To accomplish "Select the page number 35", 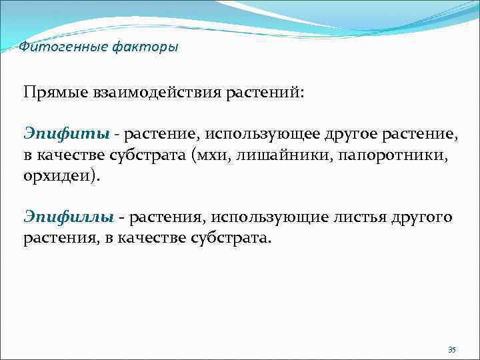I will coord(451,350).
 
